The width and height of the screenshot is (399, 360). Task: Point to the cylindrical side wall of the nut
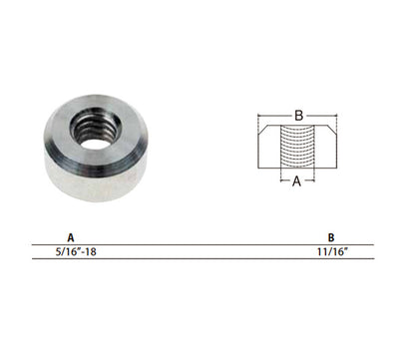tap(97, 186)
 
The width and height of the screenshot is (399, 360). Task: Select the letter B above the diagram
tap(299, 116)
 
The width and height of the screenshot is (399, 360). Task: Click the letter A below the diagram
tap(297, 181)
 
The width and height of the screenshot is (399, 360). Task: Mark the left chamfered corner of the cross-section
tap(262, 130)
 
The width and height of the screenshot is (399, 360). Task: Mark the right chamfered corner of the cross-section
tap(333, 130)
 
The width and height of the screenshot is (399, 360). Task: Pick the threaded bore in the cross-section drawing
tap(298, 147)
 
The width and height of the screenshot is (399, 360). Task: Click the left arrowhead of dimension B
tap(260, 116)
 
